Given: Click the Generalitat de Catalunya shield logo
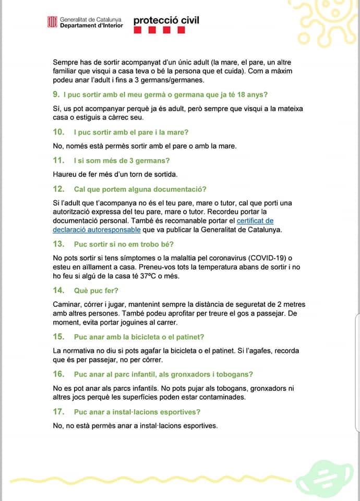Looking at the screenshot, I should click(x=52, y=22).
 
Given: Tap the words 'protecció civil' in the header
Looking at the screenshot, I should click(x=166, y=21).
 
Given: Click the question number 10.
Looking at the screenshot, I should click(x=58, y=132).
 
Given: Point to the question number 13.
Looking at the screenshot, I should click(x=58, y=244).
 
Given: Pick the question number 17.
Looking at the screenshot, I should click(x=58, y=412).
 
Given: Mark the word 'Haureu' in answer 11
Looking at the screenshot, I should click(x=66, y=174).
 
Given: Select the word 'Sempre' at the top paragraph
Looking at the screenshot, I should click(x=66, y=62).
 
